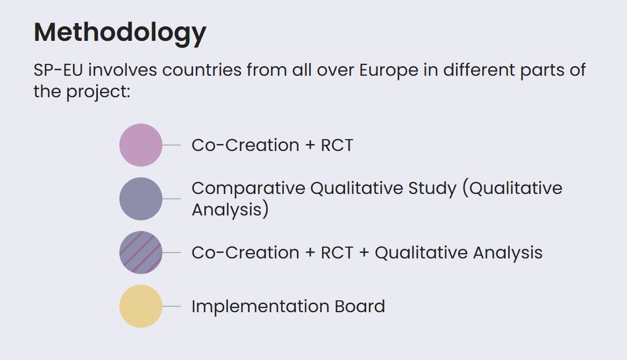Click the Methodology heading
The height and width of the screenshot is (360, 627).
tap(120, 33)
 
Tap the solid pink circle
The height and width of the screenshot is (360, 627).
tap(141, 145)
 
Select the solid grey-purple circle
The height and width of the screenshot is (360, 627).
tap(141, 199)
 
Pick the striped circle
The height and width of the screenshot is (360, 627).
tap(141, 253)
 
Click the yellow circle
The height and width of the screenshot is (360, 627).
tap(141, 306)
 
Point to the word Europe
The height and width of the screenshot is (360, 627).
tap(389, 71)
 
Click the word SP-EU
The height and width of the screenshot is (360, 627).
tap(59, 70)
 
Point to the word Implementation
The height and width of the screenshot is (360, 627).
tap(260, 307)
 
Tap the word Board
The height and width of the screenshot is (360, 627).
tap(360, 306)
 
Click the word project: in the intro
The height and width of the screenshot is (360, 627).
tap(98, 92)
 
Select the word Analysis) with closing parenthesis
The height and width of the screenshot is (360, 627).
tap(230, 210)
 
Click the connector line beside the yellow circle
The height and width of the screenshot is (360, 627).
tap(172, 306)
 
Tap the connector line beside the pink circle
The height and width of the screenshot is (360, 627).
tap(172, 145)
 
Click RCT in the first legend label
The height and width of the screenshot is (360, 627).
tap(337, 146)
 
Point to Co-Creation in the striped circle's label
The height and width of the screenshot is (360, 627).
tap(246, 253)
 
